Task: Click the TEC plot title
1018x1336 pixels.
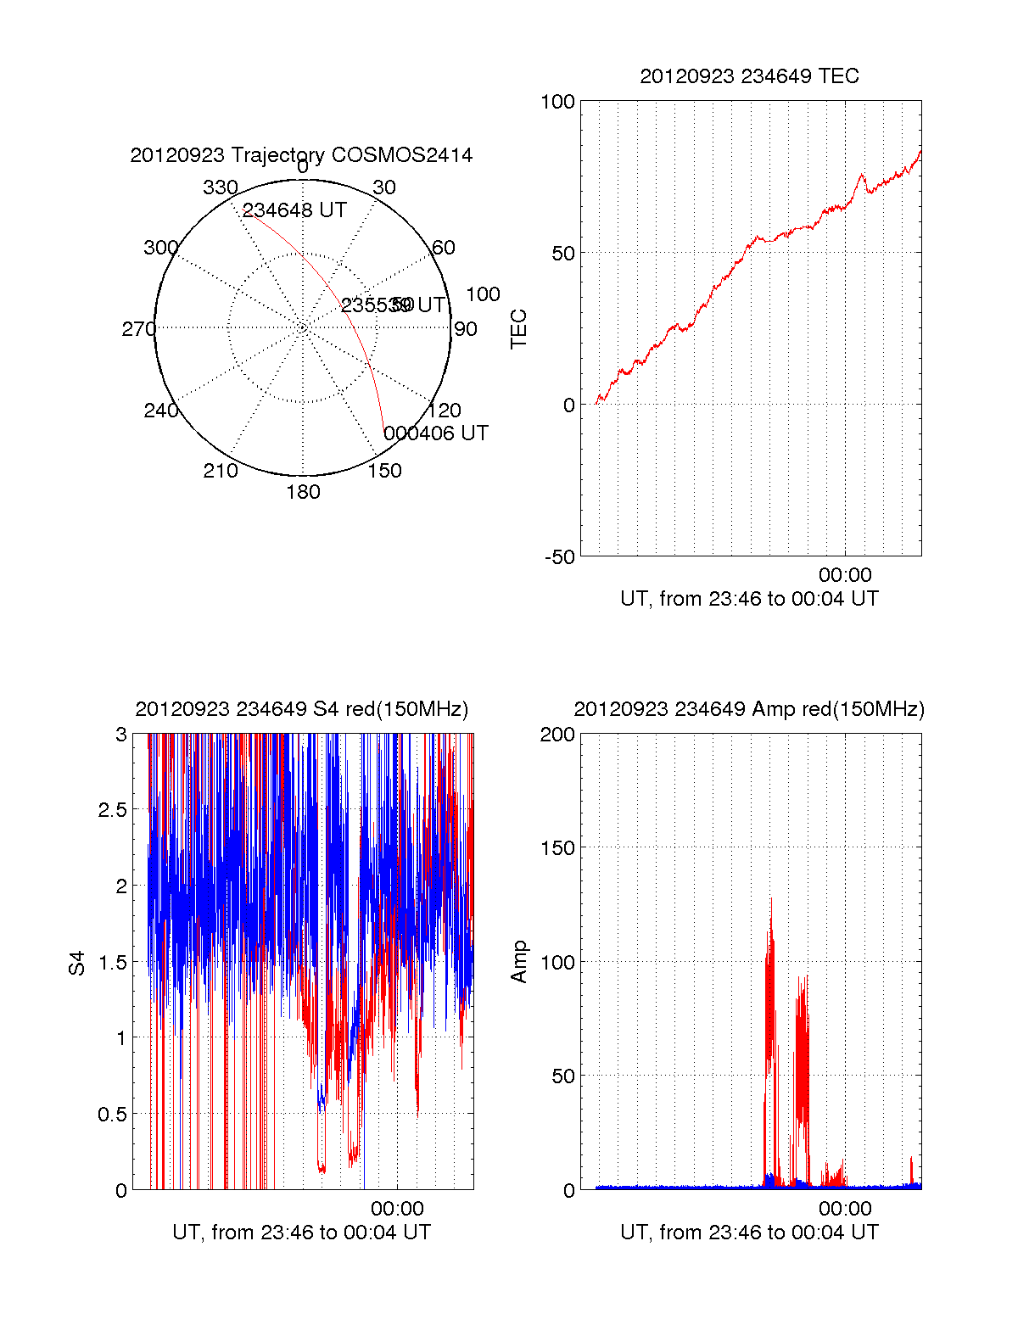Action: pyautogui.click(x=749, y=76)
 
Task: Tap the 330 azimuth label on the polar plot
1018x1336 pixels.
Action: pyautogui.click(x=221, y=187)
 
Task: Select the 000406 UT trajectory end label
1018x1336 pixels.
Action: pyautogui.click(x=436, y=433)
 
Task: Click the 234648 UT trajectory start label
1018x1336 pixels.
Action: pyautogui.click(x=294, y=210)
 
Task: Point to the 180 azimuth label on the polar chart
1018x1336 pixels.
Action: pyautogui.click(x=303, y=492)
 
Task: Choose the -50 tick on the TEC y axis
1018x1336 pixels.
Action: pyautogui.click(x=560, y=557)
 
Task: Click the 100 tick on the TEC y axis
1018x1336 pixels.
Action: pyautogui.click(x=558, y=102)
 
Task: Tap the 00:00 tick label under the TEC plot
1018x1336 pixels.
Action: pyautogui.click(x=845, y=576)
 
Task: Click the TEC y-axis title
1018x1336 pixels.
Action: pyautogui.click(x=519, y=329)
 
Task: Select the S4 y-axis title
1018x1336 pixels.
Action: pyautogui.click(x=77, y=963)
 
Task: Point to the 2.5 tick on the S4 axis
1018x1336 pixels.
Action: pyautogui.click(x=113, y=810)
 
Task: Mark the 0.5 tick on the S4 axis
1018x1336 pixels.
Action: pyautogui.click(x=113, y=1114)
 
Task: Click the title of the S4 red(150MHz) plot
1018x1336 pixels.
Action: pyautogui.click(x=301, y=709)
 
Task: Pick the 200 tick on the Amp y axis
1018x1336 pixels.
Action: pyautogui.click(x=557, y=735)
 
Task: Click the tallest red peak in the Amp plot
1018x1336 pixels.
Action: pyautogui.click(x=771, y=900)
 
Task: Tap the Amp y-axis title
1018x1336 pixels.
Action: pyautogui.click(x=519, y=962)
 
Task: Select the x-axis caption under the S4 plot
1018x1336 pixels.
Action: pyautogui.click(x=301, y=1232)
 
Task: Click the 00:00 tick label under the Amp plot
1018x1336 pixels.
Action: pyautogui.click(x=845, y=1208)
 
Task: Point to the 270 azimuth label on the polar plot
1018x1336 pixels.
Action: pyautogui.click(x=138, y=329)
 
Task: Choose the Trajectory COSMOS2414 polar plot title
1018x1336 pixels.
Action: pyautogui.click(x=301, y=155)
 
